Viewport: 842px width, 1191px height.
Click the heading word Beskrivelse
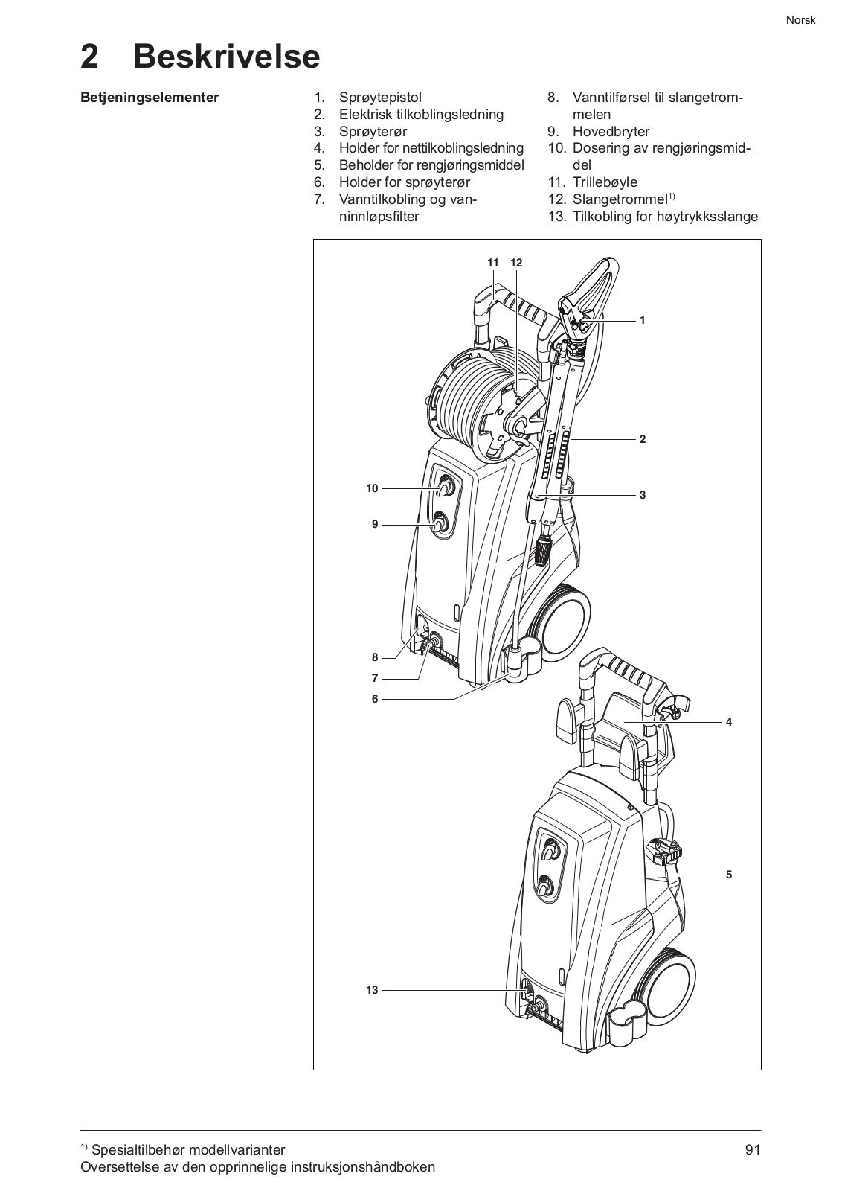[x=226, y=56]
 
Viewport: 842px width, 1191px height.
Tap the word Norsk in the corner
[x=800, y=20]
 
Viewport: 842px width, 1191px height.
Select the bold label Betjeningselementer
[x=150, y=98]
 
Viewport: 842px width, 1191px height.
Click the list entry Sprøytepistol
[x=380, y=98]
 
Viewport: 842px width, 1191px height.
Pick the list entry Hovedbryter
[x=611, y=131]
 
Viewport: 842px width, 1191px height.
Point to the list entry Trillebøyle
[x=605, y=182]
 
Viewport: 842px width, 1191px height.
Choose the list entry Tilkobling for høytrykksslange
[x=665, y=217]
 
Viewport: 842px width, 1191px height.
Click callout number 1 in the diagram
[x=642, y=320]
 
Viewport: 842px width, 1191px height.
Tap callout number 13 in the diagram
[x=372, y=990]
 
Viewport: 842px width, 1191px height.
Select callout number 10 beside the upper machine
[x=372, y=488]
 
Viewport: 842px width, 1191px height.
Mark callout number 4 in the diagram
[x=729, y=722]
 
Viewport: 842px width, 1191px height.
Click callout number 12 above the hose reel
[x=516, y=263]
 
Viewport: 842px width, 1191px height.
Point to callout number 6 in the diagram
[x=375, y=699]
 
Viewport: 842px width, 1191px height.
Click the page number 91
[x=753, y=1149]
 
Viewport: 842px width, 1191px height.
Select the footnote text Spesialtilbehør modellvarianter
[x=189, y=1150]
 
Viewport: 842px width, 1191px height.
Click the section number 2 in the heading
[x=90, y=57]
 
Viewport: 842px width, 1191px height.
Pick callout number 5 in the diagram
[x=729, y=875]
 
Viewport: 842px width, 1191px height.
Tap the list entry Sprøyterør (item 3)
[x=373, y=131]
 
